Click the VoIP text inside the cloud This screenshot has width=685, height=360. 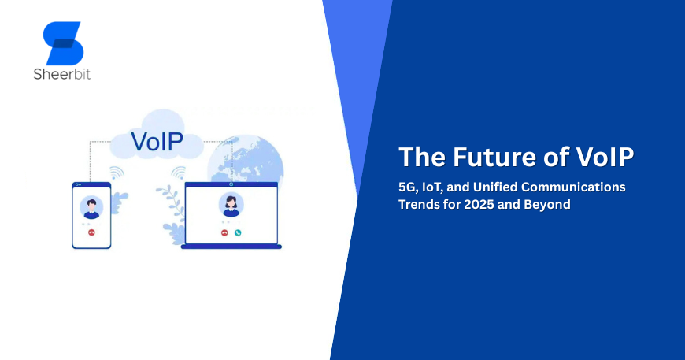pos(157,141)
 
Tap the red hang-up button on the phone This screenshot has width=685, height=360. pos(92,233)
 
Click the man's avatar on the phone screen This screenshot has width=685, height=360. pos(92,207)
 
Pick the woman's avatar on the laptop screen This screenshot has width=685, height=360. pos(231,204)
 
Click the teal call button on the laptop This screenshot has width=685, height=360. pos(238,233)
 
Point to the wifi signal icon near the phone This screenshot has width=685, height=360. pos(117,172)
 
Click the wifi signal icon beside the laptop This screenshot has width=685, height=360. pos(178,173)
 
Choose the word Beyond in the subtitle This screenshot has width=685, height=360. pos(547,205)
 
